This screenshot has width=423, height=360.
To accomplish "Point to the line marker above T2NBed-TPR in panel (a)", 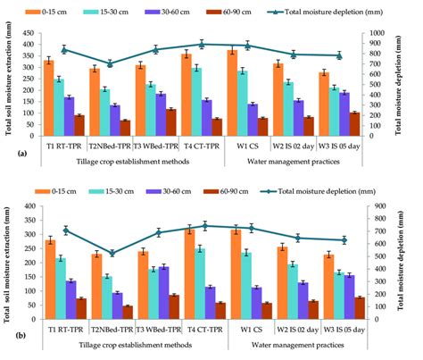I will pos(110,63).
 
